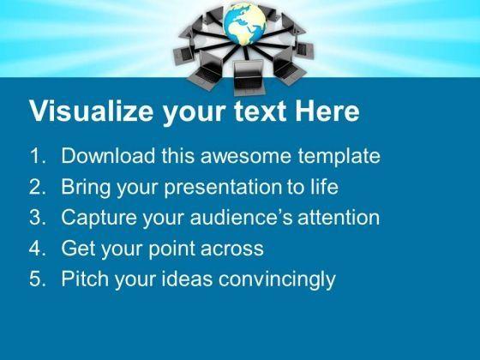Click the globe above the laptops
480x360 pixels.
(x=244, y=25)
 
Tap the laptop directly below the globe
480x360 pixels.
(x=249, y=78)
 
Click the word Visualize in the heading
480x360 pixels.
(x=92, y=111)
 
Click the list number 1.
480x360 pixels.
(x=37, y=155)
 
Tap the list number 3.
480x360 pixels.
(x=37, y=217)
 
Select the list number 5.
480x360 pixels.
(x=37, y=279)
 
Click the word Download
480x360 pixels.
(x=108, y=155)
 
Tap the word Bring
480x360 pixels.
(x=86, y=188)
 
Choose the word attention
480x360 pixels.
(x=339, y=218)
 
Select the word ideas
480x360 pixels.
(x=187, y=279)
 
